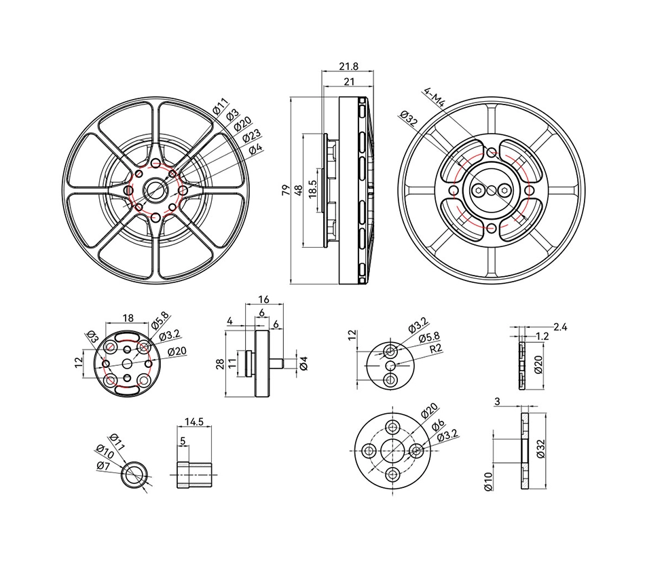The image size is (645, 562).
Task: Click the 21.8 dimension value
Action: [x=348, y=67]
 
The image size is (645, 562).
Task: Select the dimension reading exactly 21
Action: [x=350, y=81]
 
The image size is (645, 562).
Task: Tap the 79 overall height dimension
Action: [x=286, y=189]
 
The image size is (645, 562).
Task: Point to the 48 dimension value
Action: [x=298, y=189]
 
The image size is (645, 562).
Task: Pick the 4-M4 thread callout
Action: [x=433, y=97]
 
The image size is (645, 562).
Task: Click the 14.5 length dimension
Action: [x=193, y=421]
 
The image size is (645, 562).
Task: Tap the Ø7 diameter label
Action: [x=103, y=466]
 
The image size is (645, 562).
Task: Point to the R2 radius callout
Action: [x=439, y=348]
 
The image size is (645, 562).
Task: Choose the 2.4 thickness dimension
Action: [x=560, y=326]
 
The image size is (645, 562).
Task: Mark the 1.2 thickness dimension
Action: [x=542, y=336]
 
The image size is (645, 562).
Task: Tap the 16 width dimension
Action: [x=264, y=299]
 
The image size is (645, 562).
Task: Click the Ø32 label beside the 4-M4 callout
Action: [x=409, y=118]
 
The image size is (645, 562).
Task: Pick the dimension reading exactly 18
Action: [x=128, y=318]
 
